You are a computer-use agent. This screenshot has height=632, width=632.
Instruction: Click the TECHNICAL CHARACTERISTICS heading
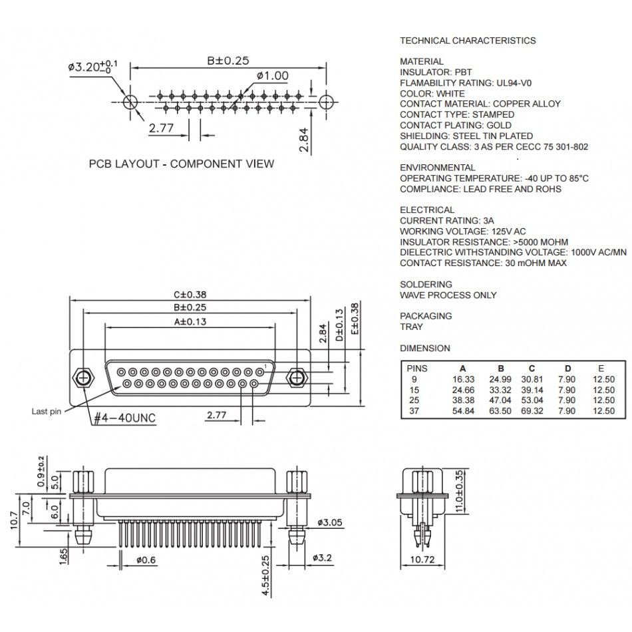click(x=467, y=41)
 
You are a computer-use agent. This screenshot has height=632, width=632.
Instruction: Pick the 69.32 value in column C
click(x=532, y=411)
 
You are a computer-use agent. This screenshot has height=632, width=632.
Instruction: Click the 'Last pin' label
click(x=46, y=411)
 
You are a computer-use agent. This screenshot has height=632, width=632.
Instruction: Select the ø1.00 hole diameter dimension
click(x=272, y=76)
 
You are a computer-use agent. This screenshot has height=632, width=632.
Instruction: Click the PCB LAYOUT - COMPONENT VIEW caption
click(x=181, y=164)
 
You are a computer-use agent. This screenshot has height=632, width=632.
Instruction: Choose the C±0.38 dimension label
click(x=190, y=294)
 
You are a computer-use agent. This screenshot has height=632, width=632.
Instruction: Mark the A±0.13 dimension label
click(x=190, y=321)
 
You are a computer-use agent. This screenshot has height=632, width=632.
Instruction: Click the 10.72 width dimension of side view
click(x=420, y=559)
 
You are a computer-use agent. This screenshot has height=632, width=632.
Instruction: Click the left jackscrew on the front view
click(x=83, y=379)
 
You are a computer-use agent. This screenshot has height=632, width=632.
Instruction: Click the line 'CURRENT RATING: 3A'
click(x=447, y=220)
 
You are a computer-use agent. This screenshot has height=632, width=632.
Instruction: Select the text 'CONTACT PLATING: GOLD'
click(x=455, y=125)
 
